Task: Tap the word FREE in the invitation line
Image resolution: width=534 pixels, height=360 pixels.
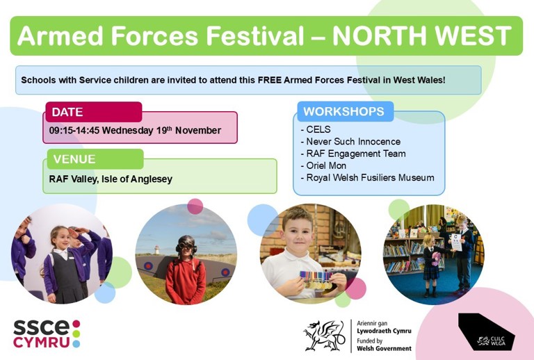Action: (x=269, y=81)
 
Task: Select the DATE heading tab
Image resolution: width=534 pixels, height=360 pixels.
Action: (x=94, y=112)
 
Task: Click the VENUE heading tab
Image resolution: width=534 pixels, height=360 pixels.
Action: (x=95, y=159)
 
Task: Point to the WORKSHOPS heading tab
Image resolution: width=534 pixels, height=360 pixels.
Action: (x=346, y=111)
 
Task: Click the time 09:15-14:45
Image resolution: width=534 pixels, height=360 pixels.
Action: (x=74, y=131)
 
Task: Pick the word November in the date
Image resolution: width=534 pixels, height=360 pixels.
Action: (x=198, y=131)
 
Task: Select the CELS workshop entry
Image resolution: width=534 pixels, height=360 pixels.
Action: (x=316, y=129)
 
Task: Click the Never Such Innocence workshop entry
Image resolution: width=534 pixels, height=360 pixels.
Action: (x=350, y=142)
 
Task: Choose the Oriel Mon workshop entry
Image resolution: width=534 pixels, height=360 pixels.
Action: (x=323, y=165)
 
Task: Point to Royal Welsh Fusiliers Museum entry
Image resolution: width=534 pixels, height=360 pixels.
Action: (x=367, y=178)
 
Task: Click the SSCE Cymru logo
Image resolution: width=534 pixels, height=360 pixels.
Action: (x=47, y=334)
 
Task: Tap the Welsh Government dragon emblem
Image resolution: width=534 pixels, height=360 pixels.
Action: (x=324, y=336)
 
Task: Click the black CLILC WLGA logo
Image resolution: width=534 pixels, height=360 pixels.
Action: (x=486, y=332)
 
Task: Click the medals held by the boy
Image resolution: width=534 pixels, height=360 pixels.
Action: (x=316, y=279)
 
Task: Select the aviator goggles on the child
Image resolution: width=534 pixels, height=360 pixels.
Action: (x=186, y=246)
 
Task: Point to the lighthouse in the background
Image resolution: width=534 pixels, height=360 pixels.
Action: (x=156, y=250)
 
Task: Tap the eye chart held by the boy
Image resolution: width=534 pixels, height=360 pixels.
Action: (x=456, y=243)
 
